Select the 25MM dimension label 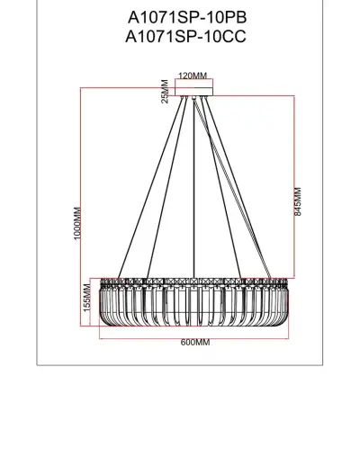[x=165, y=90]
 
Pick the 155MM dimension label [x=87, y=296]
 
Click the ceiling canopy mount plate [x=193, y=89]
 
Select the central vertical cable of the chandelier [x=193, y=180]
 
